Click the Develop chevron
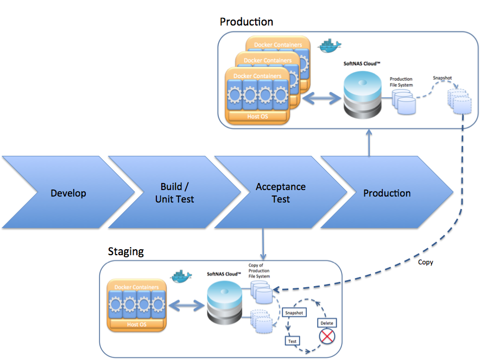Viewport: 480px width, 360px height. pyautogui.click(x=68, y=193)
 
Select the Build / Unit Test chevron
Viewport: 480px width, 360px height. pyautogui.click(x=174, y=193)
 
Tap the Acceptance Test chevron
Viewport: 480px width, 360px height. pyautogui.click(x=281, y=193)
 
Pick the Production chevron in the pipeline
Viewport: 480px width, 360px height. pyautogui.click(x=387, y=193)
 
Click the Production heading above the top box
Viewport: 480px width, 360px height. pyautogui.click(x=246, y=22)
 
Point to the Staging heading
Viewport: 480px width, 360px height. pyautogui.click(x=126, y=251)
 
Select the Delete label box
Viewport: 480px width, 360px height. pyautogui.click(x=327, y=323)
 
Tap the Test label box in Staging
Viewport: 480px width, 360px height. pyautogui.click(x=293, y=342)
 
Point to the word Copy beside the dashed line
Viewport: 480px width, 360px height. pyautogui.click(x=426, y=262)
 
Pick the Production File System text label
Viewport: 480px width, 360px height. pyautogui.click(x=401, y=82)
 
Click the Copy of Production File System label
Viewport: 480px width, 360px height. pyautogui.click(x=259, y=271)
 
